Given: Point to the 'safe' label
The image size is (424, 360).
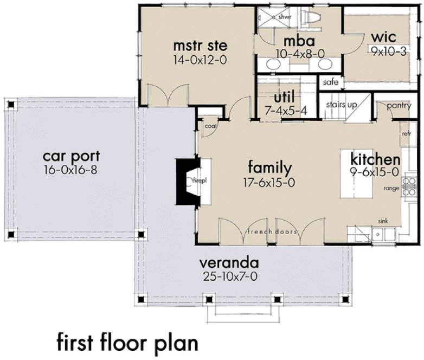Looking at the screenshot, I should click(330, 82).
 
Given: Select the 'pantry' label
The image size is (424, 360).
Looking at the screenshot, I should click(399, 106).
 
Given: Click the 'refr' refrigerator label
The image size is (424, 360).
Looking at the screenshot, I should click(407, 133).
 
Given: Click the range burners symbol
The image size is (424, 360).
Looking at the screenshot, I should click(409, 186).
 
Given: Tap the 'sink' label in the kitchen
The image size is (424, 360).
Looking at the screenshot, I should click(383, 222).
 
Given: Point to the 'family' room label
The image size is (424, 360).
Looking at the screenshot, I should click(269, 167).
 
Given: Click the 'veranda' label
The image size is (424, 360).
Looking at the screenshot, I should click(228, 263).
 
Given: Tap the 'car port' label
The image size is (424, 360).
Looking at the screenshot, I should click(72, 157).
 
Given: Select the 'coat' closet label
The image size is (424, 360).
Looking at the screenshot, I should click(210, 126).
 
